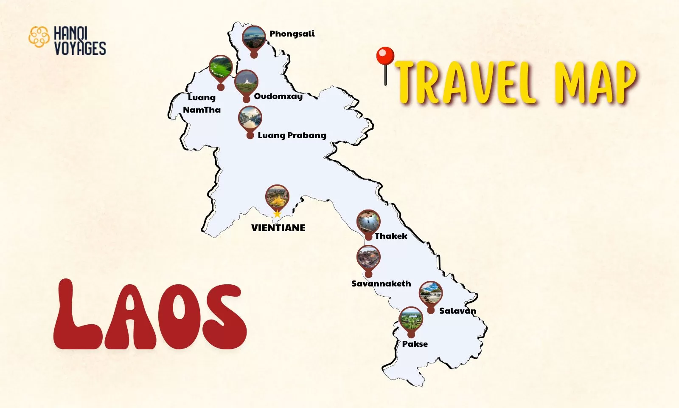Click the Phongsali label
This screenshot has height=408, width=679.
tap(292, 34)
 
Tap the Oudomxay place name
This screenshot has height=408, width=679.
tap(278, 96)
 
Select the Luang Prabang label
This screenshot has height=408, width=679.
tap(292, 135)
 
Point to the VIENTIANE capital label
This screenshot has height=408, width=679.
tap(278, 228)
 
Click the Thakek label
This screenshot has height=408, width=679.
tap(391, 236)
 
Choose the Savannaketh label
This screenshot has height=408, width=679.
tap(381, 283)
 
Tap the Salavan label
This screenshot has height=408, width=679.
tap(457, 311)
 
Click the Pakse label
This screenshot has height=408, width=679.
tap(415, 344)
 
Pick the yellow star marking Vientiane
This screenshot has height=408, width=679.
tap(277, 214)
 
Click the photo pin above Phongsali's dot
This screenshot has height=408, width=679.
tap(254, 38)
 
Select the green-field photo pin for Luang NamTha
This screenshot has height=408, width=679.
tap(221, 68)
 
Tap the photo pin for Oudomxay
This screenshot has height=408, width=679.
tap(246, 82)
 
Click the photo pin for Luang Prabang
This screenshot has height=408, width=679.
tap(250, 118)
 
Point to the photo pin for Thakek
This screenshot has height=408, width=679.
tap(368, 222)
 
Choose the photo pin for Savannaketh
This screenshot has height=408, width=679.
tap(368, 258)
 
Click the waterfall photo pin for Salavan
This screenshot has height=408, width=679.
tap(430, 293)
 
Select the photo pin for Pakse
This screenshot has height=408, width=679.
tap(411, 320)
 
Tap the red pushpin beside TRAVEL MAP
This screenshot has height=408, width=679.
tap(385, 57)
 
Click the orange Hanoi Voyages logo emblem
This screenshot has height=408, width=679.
tap(39, 37)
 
